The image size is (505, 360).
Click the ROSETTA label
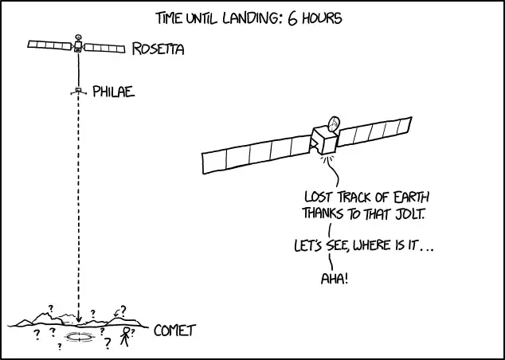[159, 49]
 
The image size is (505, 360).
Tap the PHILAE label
[113, 92]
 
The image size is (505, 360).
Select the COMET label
[174, 331]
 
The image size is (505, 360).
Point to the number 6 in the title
[292, 18]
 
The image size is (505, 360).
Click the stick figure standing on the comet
[125, 336]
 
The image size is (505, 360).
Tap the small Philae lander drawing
[78, 91]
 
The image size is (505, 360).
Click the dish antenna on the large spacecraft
[334, 123]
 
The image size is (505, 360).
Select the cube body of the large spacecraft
[323, 139]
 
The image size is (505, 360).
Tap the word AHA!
[335, 278]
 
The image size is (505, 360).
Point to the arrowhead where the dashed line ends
[79, 319]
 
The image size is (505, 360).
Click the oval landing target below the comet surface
[79, 337]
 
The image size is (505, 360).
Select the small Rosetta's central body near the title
[78, 46]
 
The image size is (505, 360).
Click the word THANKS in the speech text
[323, 213]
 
